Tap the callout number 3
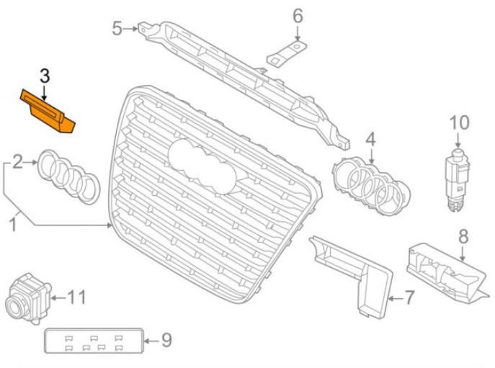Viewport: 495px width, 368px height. [x=45, y=76]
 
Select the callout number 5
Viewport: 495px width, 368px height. [x=117, y=28]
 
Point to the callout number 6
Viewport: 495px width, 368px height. [x=298, y=16]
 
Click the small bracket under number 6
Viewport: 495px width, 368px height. [x=287, y=54]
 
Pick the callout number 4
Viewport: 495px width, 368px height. [x=370, y=139]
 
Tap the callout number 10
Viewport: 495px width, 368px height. [x=459, y=122]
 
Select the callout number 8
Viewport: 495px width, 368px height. [x=463, y=236]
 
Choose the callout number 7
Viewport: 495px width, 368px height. [x=409, y=297]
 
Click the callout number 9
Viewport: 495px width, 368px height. [x=166, y=340]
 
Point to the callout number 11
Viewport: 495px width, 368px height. [x=76, y=297]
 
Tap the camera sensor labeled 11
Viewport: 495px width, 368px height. [x=28, y=298]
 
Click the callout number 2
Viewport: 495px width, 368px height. [x=17, y=162]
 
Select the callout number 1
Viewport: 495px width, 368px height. [x=12, y=225]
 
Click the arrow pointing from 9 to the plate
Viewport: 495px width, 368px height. [x=152, y=341]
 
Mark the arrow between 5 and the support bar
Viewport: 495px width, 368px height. [x=130, y=29]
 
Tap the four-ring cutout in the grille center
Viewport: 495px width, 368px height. [x=202, y=166]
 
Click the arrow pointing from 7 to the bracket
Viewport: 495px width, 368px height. [x=396, y=298]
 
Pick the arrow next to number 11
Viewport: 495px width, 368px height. [x=58, y=297]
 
